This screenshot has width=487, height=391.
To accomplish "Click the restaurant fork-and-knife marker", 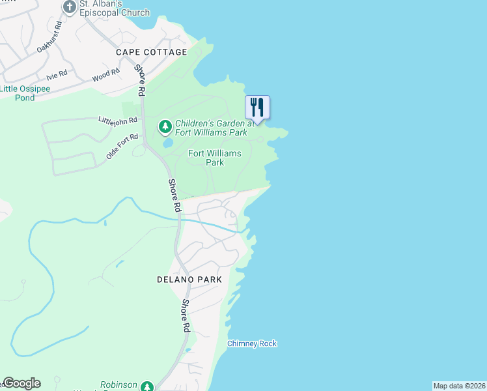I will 257,107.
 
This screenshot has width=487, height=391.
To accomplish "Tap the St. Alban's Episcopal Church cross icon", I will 70,7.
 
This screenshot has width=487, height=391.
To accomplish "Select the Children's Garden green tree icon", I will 165,125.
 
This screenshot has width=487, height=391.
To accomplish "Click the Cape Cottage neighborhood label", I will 151,52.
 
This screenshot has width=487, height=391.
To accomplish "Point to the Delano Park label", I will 189,280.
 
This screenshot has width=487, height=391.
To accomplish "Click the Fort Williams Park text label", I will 215,158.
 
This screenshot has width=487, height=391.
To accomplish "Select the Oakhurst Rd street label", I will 49,37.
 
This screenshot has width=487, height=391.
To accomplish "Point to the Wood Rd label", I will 105,76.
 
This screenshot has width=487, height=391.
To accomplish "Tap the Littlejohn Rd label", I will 118,121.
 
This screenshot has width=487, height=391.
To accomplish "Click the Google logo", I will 21,383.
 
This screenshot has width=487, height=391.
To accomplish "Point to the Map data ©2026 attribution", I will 460,386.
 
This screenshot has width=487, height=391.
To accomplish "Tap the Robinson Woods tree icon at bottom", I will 147,386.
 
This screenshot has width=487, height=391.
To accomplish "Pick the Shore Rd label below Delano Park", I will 186,316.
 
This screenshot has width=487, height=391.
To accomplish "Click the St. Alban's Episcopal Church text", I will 115,8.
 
